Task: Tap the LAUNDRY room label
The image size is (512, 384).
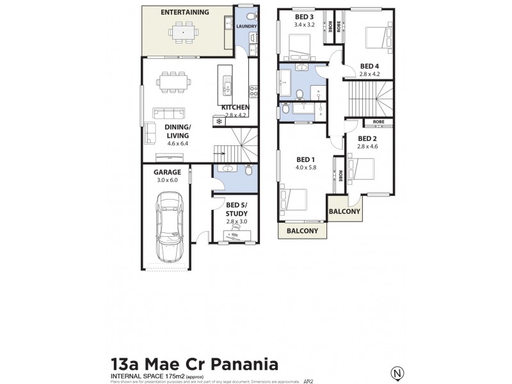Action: [x=246, y=27]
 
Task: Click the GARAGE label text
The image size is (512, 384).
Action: [x=167, y=172]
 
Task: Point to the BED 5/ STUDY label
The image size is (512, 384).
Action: [x=236, y=209]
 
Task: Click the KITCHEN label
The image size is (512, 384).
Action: [x=236, y=108]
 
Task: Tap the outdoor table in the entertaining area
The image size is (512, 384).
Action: [x=183, y=31]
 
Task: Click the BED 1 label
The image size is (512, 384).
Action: [x=305, y=159]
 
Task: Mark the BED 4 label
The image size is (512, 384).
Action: [x=370, y=65]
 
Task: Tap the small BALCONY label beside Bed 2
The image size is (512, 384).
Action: [x=344, y=211]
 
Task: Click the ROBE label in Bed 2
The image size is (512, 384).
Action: [x=378, y=122]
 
